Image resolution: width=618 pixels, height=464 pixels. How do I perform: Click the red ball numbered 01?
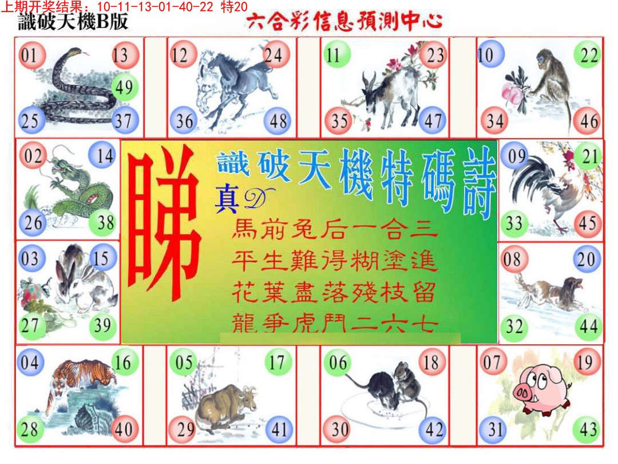pyautogui.click(x=31, y=55)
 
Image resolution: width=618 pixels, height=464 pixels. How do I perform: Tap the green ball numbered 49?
pyautogui.click(x=125, y=87)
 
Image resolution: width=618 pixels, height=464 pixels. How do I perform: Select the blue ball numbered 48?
pyautogui.click(x=278, y=121)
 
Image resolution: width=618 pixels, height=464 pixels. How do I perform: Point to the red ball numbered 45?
pyautogui.click(x=588, y=223)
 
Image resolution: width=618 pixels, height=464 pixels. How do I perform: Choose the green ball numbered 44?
pyautogui.click(x=588, y=327)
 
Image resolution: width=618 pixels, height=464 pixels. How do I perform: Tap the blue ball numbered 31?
pyautogui.click(x=493, y=429)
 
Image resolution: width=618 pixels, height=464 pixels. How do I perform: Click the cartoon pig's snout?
pyautogui.click(x=522, y=392)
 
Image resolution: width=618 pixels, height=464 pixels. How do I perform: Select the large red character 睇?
pyautogui.click(x=163, y=227)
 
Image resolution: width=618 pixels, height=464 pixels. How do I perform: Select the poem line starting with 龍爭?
pyautogui.click(x=335, y=324)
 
